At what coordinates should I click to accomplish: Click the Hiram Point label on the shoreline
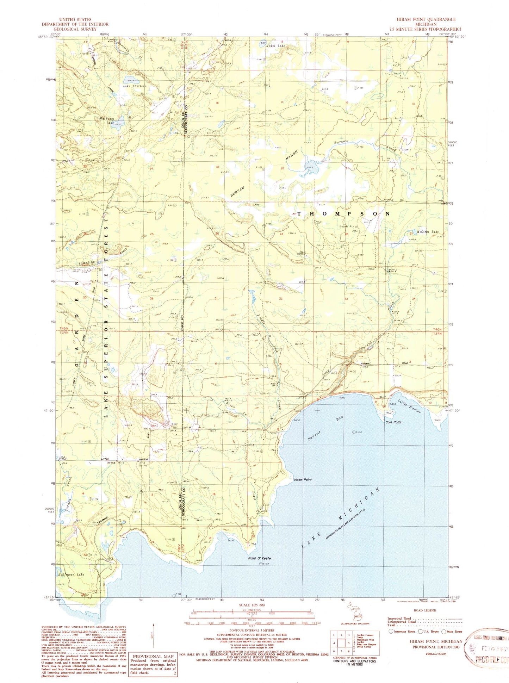point(303,480)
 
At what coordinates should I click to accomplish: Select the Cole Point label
point(393,422)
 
